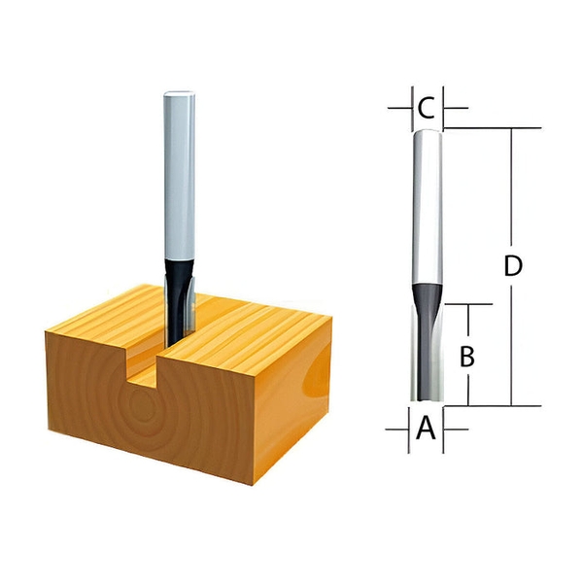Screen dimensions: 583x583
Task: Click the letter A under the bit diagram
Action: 425,429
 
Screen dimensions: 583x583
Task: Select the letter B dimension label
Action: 466,357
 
